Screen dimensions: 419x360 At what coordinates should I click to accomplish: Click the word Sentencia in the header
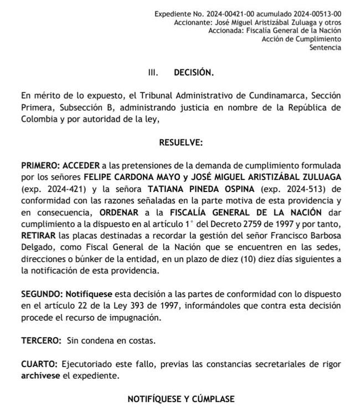325,48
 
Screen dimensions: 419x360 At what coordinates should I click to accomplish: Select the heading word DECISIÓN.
193,73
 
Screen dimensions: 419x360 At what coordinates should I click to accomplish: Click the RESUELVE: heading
181,142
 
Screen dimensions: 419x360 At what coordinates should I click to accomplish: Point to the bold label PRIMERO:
41,165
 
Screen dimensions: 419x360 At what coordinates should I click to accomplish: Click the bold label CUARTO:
39,365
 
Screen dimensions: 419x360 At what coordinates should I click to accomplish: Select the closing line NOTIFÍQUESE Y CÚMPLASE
181,399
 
